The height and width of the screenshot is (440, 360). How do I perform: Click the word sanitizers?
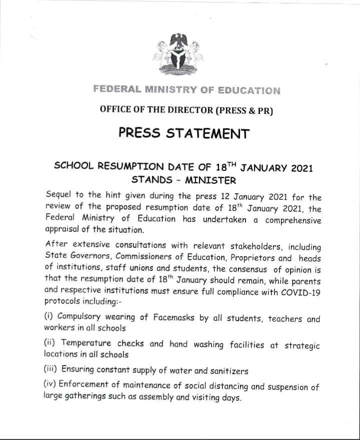pyautogui.click(x=226, y=371)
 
